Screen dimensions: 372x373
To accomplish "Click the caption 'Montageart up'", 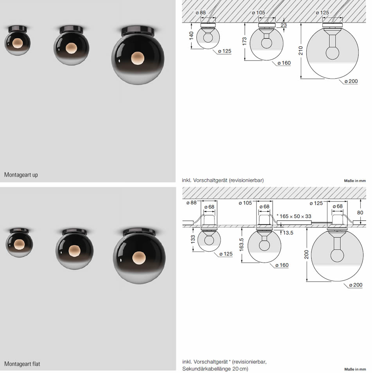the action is pyautogui.click(x=21, y=175).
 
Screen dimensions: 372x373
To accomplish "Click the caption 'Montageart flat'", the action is pyautogui.click(x=22, y=364).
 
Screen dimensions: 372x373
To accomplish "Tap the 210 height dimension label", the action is pyautogui.click(x=300, y=51).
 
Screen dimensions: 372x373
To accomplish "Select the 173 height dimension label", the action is pyautogui.click(x=244, y=41).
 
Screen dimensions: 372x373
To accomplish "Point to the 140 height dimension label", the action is pyautogui.click(x=191, y=36).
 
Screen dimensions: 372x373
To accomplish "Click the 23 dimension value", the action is pyautogui.click(x=284, y=25).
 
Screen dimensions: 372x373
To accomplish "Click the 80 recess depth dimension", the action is pyautogui.click(x=360, y=212).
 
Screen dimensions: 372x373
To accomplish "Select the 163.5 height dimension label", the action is pyautogui.click(x=241, y=245).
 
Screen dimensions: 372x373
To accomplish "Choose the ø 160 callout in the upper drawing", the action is pyautogui.click(x=284, y=63).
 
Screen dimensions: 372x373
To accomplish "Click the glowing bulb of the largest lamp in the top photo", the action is pyautogui.click(x=138, y=58).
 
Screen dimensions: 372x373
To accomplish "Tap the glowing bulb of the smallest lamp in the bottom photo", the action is pyautogui.click(x=19, y=245).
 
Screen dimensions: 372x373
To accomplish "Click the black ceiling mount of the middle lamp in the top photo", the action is pyautogui.click(x=71, y=30).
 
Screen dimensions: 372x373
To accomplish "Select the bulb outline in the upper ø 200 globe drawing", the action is pyautogui.click(x=332, y=53).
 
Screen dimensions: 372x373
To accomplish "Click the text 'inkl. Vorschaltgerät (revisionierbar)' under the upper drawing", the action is pyautogui.click(x=223, y=180).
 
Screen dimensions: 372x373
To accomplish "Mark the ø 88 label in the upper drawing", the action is pyautogui.click(x=201, y=12).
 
